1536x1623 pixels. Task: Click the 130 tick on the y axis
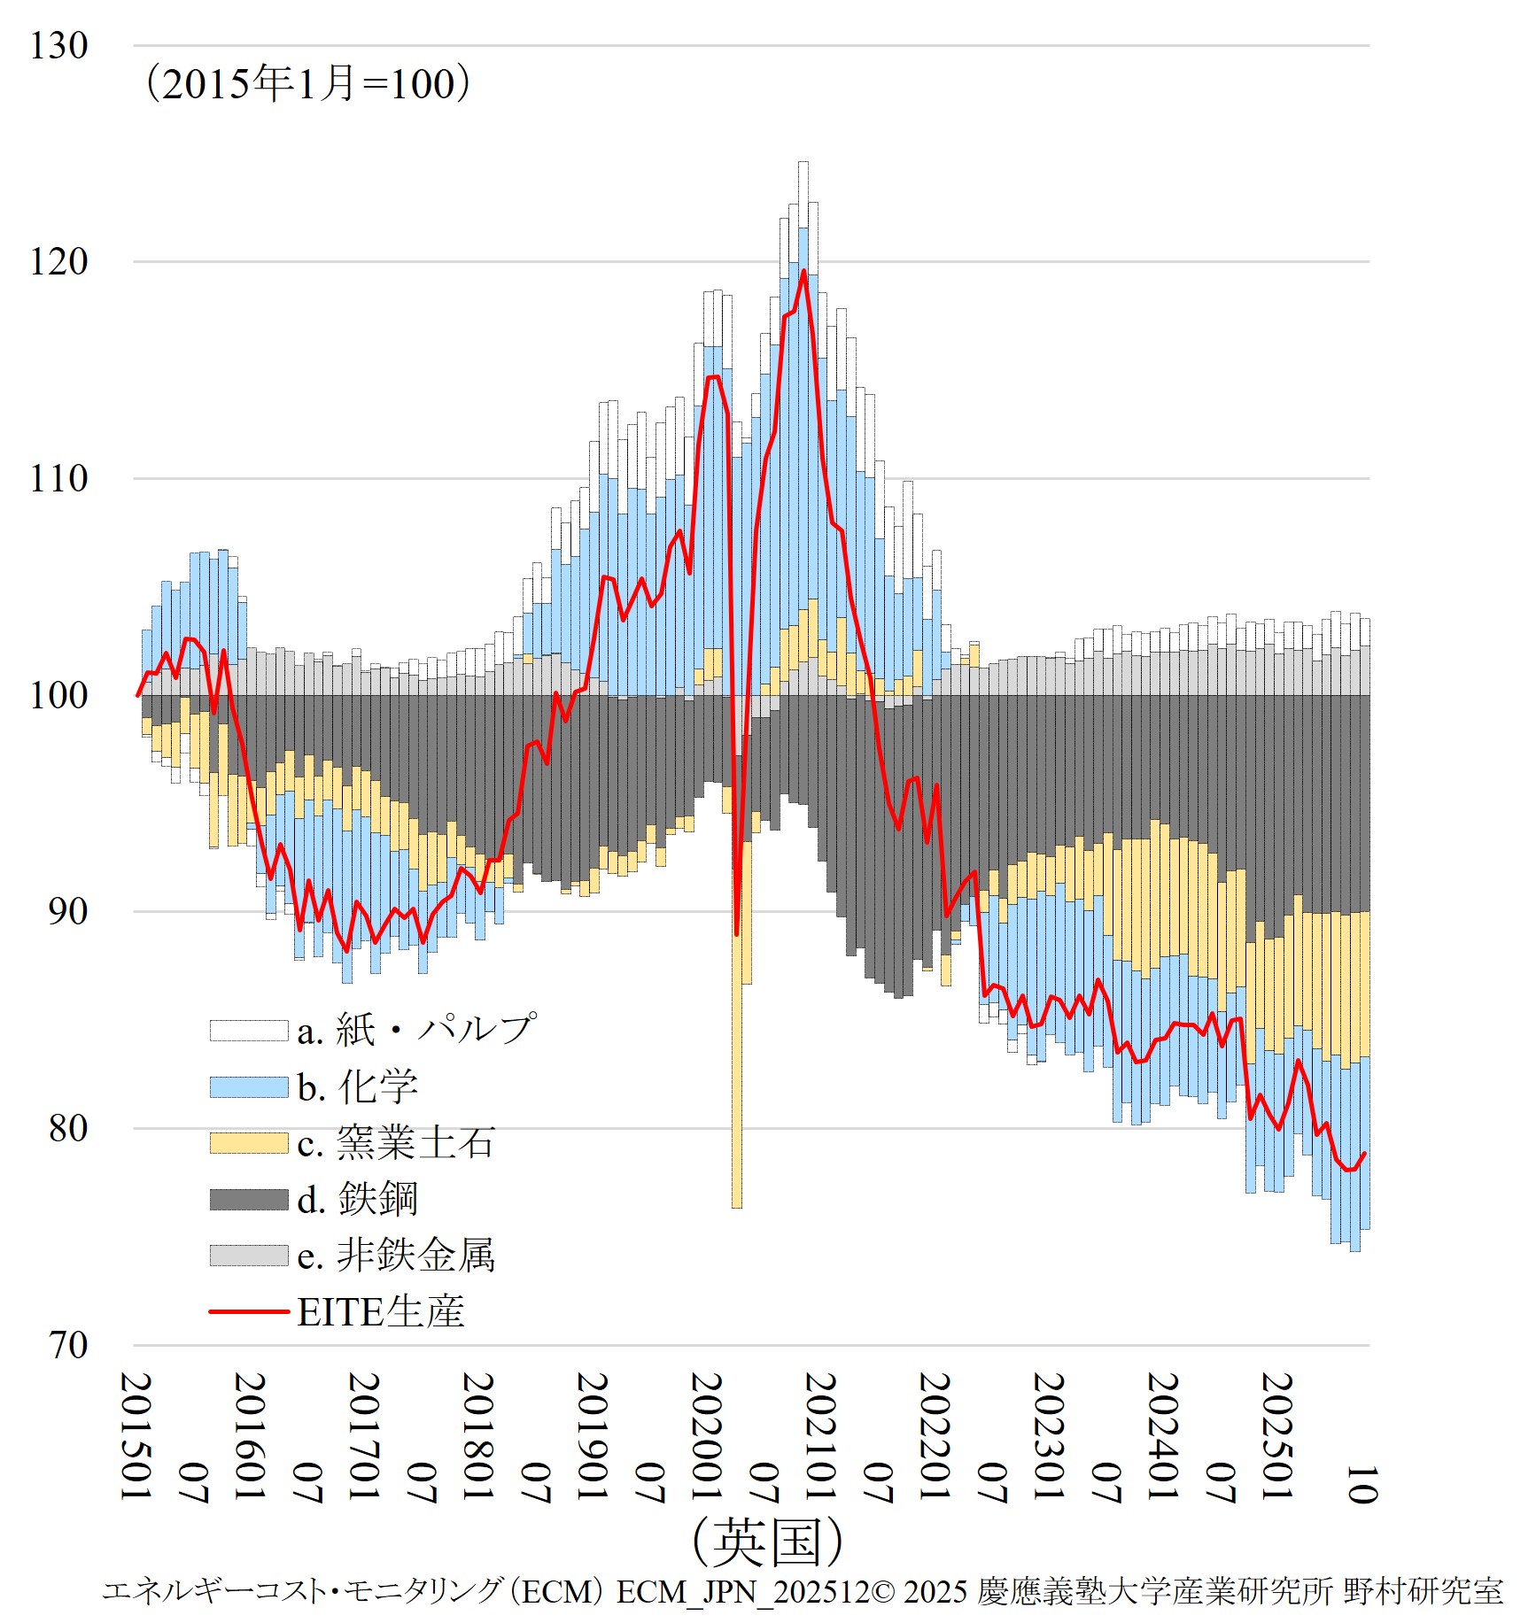click(x=59, y=46)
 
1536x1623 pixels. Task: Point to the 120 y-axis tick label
click(x=59, y=262)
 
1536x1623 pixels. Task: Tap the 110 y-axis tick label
click(x=59, y=479)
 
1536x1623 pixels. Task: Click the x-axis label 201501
click(x=136, y=1436)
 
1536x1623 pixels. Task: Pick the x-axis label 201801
click(x=478, y=1436)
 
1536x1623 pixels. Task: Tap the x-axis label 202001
click(x=706, y=1436)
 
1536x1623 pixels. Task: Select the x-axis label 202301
click(x=1049, y=1436)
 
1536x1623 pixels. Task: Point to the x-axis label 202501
click(x=1276, y=1436)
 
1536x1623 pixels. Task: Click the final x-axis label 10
click(x=1361, y=1485)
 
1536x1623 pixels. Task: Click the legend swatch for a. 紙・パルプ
click(x=249, y=1031)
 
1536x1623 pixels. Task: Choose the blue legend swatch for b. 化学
click(x=249, y=1087)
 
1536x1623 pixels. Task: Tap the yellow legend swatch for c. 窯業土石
click(x=249, y=1143)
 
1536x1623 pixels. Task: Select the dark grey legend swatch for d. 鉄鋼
click(x=249, y=1200)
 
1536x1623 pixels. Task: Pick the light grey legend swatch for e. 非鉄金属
click(x=249, y=1256)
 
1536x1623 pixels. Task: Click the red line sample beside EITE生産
click(x=249, y=1311)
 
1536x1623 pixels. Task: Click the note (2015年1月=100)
click(x=307, y=84)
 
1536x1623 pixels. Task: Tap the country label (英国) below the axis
click(x=767, y=1542)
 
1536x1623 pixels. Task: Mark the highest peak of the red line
click(x=803, y=271)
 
